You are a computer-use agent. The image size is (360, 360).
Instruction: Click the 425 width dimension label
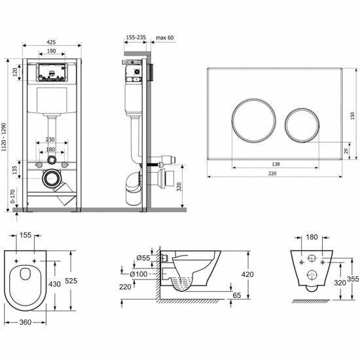point(51,42)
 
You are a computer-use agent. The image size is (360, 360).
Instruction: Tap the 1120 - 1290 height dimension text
point(4,137)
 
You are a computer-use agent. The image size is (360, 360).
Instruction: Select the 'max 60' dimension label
point(164,37)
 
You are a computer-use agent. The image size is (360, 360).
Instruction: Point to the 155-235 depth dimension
point(136,37)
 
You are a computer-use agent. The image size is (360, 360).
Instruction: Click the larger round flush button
point(253,120)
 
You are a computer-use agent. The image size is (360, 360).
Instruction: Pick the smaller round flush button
point(302,125)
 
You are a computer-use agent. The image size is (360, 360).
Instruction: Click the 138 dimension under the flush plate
point(276,164)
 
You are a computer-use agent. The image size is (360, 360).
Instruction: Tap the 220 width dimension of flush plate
point(272,173)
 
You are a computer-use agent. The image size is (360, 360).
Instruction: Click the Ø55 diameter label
point(143,258)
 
